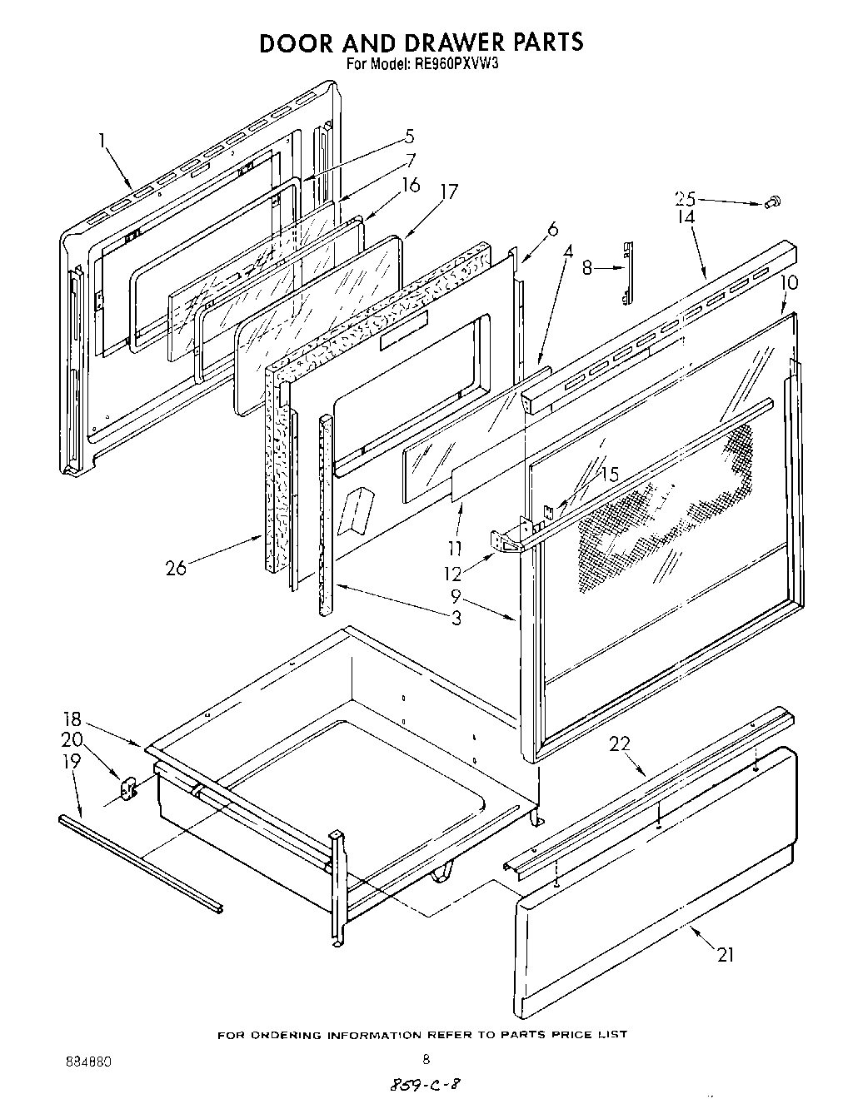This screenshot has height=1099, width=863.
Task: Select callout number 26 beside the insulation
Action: click(x=176, y=569)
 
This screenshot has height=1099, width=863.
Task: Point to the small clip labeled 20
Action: click(x=127, y=788)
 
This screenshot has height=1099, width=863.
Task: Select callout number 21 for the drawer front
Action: click(x=726, y=955)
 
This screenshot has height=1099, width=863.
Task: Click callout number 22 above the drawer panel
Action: click(x=620, y=743)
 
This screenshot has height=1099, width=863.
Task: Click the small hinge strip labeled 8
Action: click(x=628, y=272)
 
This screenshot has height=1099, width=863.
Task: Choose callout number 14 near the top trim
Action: click(x=685, y=217)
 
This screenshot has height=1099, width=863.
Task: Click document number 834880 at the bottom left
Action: click(x=87, y=1063)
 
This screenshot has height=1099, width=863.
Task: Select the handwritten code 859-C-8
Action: click(x=426, y=1085)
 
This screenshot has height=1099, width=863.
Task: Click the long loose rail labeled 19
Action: click(x=142, y=866)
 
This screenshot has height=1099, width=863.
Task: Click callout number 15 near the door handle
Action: click(x=610, y=475)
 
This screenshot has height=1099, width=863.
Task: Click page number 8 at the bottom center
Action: click(x=426, y=1060)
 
